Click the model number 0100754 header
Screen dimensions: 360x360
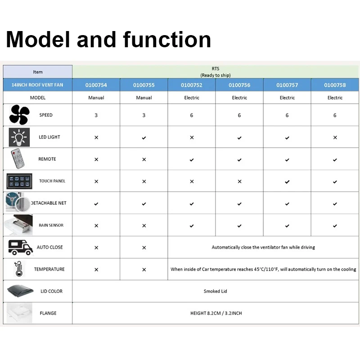(96, 85)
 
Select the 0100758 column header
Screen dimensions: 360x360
(335, 85)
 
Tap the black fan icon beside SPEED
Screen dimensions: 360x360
(19, 115)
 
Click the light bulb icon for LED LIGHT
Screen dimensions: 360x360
(19, 137)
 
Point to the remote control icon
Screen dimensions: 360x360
(18, 159)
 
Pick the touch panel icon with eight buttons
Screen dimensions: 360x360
(19, 181)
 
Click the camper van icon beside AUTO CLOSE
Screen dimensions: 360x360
(20, 247)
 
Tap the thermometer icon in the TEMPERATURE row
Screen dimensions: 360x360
(19, 269)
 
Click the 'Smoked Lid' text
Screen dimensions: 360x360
(215, 291)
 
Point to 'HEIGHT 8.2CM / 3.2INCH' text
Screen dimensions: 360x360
(216, 313)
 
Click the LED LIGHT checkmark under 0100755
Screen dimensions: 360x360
(144, 138)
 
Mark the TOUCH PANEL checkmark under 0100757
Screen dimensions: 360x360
(287, 182)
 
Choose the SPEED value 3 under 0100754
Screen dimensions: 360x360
(96, 115)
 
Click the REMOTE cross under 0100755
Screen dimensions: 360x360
(144, 159)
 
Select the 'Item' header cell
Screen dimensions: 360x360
(38, 72)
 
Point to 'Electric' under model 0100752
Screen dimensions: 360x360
(192, 98)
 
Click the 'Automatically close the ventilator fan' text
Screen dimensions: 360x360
(263, 247)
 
